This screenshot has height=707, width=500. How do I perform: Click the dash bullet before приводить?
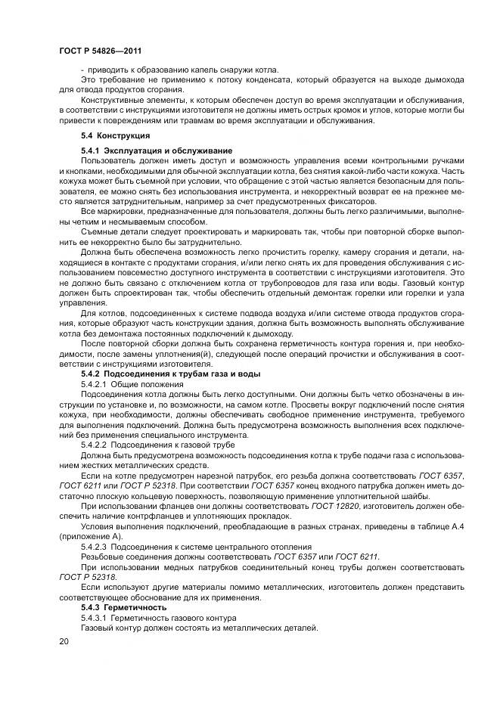(82, 70)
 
